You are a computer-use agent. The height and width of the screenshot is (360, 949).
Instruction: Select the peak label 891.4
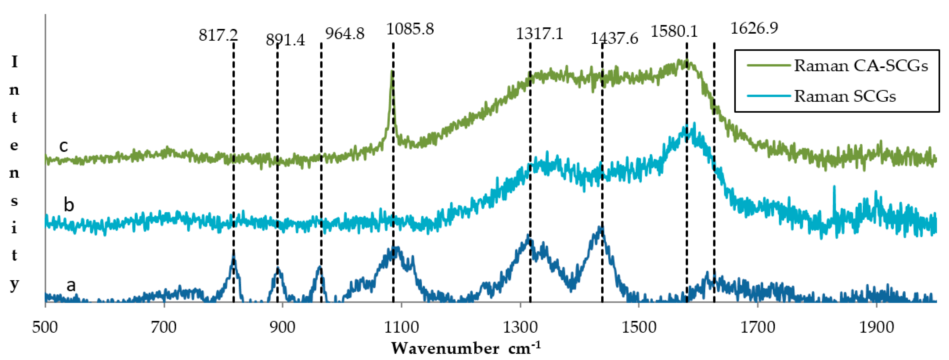pos(286,39)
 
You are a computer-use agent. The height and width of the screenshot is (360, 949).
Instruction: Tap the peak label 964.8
pos(345,34)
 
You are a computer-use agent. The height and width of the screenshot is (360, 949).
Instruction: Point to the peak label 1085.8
pos(410,29)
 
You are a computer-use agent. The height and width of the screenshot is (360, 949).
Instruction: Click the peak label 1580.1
pos(674,31)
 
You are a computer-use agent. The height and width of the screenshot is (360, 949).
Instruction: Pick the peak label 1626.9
pos(754,28)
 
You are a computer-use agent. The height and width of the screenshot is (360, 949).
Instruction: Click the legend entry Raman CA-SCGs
pos(861,66)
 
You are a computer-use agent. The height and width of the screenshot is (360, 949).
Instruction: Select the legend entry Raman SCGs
pos(844,96)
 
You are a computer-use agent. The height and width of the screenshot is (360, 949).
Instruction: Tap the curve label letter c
pos(63,146)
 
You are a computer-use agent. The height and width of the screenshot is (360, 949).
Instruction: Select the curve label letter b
pos(69,205)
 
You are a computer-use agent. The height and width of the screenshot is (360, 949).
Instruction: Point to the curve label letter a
pos(71,285)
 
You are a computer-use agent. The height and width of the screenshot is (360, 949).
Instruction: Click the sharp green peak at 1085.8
pos(392,72)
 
